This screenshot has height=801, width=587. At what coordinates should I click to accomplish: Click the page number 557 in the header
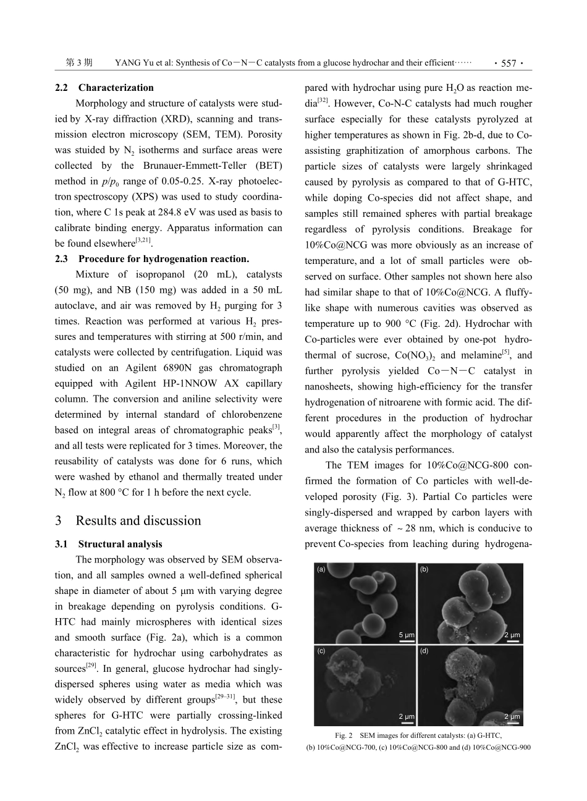(509, 63)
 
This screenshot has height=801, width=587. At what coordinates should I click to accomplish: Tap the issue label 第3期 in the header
(78, 63)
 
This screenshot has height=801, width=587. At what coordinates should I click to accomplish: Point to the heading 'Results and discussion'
(138, 520)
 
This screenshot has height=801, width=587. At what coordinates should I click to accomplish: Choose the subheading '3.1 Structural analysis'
(109, 544)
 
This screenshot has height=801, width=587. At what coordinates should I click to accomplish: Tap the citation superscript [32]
(322, 100)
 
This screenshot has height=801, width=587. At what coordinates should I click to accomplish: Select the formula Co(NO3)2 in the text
(416, 355)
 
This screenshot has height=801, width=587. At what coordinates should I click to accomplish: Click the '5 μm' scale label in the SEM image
(406, 634)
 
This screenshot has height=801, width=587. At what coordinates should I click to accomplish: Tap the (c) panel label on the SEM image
(321, 651)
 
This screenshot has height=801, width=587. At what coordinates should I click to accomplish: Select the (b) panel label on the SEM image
(424, 569)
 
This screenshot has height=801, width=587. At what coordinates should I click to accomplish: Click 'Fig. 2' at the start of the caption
(344, 735)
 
